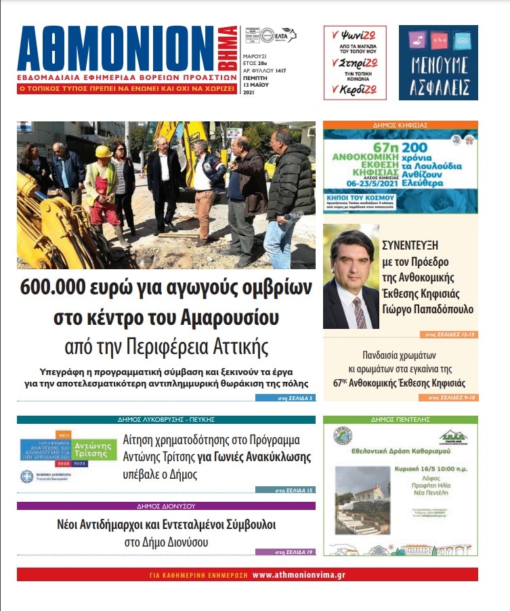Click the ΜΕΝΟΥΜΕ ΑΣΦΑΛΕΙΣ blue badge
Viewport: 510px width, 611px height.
pyautogui.click(x=438, y=62)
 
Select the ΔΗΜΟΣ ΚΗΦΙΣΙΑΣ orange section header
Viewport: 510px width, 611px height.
pyautogui.click(x=400, y=125)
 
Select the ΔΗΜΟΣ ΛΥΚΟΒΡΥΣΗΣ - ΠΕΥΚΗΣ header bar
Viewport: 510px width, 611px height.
pyautogui.click(x=166, y=420)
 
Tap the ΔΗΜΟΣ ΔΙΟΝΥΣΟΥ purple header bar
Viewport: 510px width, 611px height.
pyautogui.click(x=166, y=506)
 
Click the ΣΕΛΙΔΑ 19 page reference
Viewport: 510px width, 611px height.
pyautogui.click(x=294, y=552)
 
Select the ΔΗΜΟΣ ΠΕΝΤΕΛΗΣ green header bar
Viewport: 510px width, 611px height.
pyautogui.click(x=400, y=420)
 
